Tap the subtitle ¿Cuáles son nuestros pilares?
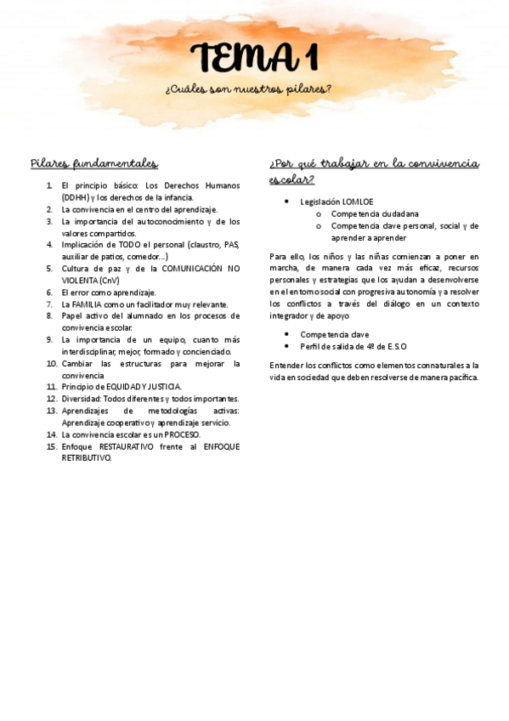(x=249, y=89)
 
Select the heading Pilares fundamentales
(x=93, y=163)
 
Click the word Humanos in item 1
(x=222, y=185)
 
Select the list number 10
(x=52, y=363)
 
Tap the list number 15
(x=52, y=446)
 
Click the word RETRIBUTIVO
(x=86, y=457)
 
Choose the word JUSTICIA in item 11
(x=162, y=387)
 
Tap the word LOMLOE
(x=357, y=202)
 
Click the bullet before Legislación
(x=286, y=202)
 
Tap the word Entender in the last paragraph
(x=286, y=365)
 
